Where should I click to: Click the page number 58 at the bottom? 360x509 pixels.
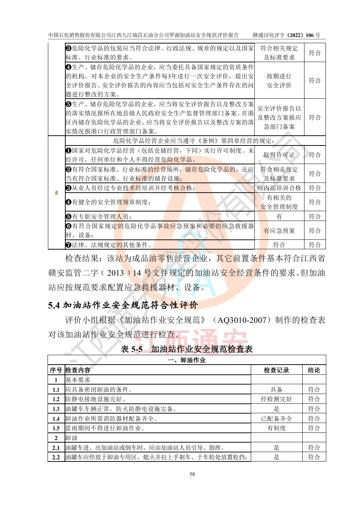[x=192, y=474]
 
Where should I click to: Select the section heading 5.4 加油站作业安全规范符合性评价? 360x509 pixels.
[x=123, y=305]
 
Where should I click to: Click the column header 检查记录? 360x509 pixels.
[x=276, y=370]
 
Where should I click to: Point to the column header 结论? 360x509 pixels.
[x=314, y=370]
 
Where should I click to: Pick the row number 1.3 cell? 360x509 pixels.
[x=56, y=409]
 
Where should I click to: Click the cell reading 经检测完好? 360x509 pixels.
[x=276, y=399]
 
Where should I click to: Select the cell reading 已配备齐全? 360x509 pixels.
[x=276, y=418]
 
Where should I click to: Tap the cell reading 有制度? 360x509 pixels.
[x=276, y=428]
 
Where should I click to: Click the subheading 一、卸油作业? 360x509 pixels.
[x=187, y=360]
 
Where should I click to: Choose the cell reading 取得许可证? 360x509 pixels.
[x=279, y=155]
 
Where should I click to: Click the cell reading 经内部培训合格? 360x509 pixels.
[x=279, y=188]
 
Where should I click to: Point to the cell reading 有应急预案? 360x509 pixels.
[x=279, y=231]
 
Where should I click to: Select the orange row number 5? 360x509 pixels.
[x=56, y=193]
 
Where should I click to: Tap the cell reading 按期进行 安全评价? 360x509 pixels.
[x=279, y=81]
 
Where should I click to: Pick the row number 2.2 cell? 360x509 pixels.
[x=56, y=457]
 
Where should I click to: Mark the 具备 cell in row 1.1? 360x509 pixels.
[x=276, y=390]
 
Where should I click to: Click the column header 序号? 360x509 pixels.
[x=56, y=370]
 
